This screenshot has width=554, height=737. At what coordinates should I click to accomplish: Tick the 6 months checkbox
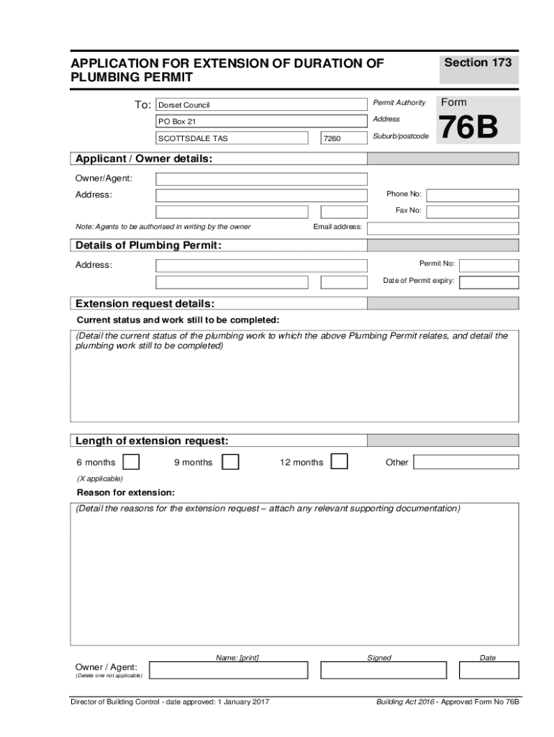pos(131,462)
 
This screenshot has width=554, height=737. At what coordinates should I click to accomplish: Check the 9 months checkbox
pos(230,462)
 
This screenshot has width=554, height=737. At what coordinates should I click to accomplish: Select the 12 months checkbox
pos(339,461)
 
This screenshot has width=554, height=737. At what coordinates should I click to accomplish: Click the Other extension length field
pos(466,462)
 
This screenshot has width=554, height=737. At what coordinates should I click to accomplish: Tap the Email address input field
pos(442,228)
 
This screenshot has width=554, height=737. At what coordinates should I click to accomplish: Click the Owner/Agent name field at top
pos(261,178)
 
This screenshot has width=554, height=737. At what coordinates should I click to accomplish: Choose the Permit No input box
pos(489,265)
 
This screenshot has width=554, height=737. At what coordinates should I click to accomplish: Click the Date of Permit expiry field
pos(489,281)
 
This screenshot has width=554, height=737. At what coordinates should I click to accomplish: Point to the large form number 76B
pos(468,129)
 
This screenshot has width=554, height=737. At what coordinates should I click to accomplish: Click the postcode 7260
pos(334,138)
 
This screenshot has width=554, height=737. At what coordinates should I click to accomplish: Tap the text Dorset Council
pos(184,105)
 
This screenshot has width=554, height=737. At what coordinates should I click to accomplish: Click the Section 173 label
pos(478,63)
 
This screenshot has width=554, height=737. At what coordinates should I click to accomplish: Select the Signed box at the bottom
pos(379,671)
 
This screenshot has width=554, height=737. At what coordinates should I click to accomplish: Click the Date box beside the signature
pos(487,671)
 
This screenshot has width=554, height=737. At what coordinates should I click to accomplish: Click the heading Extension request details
pos(145,303)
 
